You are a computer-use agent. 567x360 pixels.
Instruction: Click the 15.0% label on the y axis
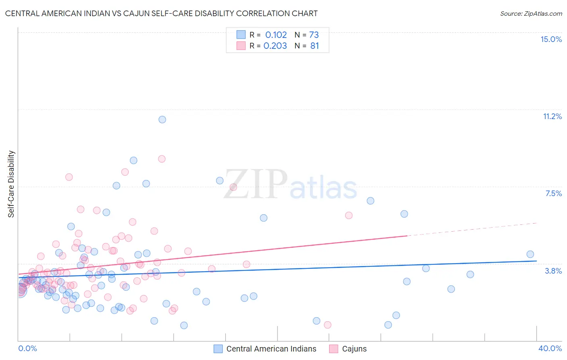point(551,39)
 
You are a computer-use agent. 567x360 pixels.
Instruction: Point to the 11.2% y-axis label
point(552,116)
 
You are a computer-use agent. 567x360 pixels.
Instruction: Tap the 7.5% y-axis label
point(553,193)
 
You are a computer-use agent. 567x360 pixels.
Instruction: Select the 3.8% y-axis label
point(553,271)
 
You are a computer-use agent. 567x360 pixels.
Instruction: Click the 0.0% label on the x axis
point(27,348)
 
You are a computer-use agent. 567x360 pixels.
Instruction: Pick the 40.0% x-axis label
point(550,348)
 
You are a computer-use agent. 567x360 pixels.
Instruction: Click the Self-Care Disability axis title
point(11,184)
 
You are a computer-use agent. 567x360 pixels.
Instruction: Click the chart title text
point(161,13)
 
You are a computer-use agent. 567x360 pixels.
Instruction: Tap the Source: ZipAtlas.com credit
point(531,13)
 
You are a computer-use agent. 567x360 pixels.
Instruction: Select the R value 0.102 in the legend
point(276,35)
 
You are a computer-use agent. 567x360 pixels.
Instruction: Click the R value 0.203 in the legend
point(275,46)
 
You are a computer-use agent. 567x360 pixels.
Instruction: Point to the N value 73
point(314,35)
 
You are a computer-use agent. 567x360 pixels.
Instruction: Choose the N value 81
point(315,46)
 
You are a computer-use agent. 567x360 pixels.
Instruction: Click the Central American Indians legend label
point(271,349)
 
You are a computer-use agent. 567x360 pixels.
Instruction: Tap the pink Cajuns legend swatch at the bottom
point(334,349)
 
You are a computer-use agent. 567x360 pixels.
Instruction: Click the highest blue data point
point(162,119)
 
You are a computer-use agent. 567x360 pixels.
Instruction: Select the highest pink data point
point(162,159)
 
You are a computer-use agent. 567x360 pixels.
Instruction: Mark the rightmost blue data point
point(530,254)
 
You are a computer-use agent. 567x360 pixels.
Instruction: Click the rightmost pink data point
point(349,216)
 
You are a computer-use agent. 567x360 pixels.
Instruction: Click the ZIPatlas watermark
point(290,185)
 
